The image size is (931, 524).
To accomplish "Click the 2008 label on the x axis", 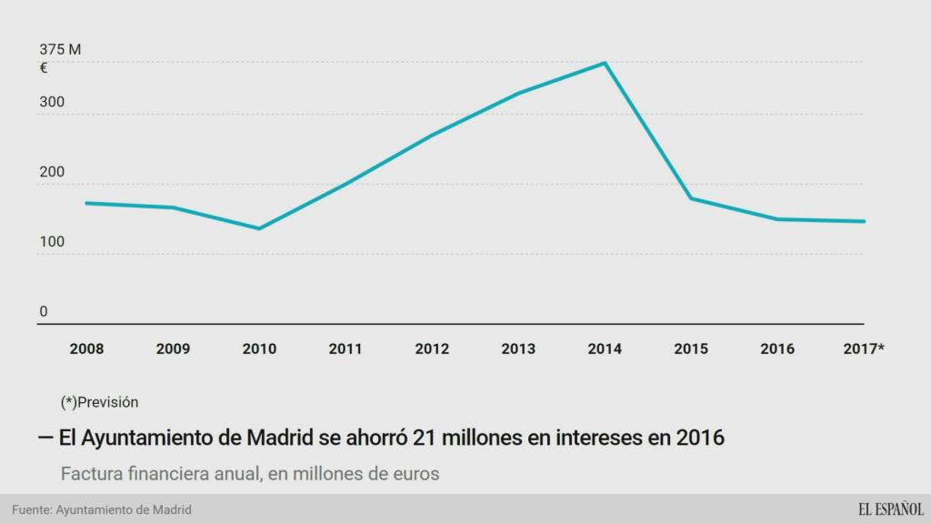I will (x=86, y=348).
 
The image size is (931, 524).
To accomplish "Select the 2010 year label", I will (x=259, y=348).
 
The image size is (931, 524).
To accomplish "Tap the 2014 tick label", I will (x=605, y=348).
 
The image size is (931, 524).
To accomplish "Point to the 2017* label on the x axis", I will (x=864, y=348).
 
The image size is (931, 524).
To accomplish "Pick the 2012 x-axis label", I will (x=432, y=348).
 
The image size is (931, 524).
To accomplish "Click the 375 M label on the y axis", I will (x=60, y=49).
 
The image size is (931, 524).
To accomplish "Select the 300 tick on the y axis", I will (x=52, y=102).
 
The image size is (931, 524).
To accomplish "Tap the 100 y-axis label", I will (x=52, y=242).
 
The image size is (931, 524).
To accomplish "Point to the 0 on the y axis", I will (x=43, y=311).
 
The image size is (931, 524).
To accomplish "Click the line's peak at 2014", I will (x=606, y=63).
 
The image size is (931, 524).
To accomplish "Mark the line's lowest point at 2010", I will (x=259, y=228).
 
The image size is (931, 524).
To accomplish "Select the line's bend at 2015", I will (x=692, y=198).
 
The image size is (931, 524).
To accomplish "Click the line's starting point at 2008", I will (x=86, y=203).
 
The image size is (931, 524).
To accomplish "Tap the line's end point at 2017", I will (x=864, y=221).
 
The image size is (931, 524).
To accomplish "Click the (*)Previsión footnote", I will (x=100, y=401).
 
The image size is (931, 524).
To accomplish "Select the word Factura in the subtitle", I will (x=90, y=474).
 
